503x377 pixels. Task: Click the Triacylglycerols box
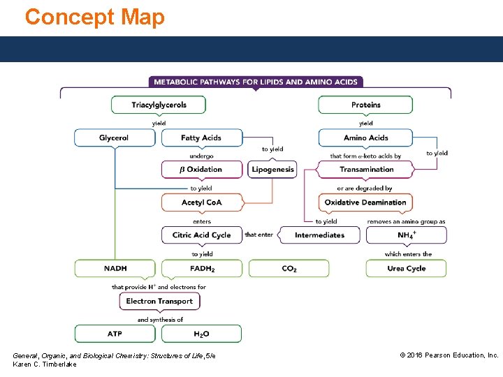coord(159,105)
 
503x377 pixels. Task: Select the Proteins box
coord(365,105)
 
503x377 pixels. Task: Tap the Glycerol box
coord(114,138)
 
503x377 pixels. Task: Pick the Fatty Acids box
coord(201,138)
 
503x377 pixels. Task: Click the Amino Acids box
coord(365,138)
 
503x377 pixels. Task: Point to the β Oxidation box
coord(201,169)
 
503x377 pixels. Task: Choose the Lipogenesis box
coord(272,169)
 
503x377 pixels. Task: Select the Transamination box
coord(365,169)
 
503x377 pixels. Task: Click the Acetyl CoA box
coord(201,202)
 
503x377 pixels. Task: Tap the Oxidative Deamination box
coord(365,202)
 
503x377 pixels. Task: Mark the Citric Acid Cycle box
coord(201,235)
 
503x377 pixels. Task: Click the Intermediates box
coord(319,235)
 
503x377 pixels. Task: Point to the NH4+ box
coord(406,235)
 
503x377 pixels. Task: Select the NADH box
coord(115,268)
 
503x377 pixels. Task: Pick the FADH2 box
coord(201,268)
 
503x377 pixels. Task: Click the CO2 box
coord(289,268)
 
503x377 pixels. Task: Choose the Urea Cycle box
coord(406,268)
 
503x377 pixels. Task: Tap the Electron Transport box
coord(160,301)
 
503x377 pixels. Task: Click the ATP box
coord(115,334)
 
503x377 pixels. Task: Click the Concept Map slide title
coord(95,17)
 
